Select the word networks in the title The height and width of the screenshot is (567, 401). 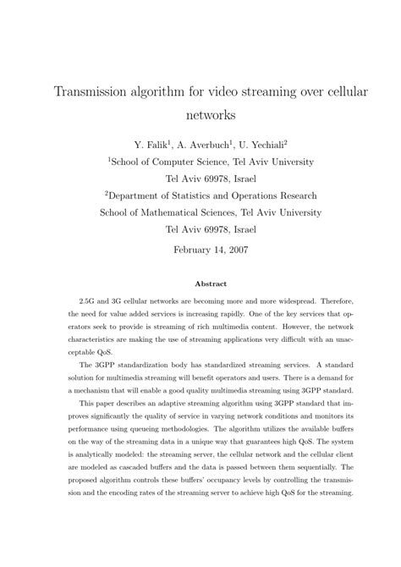[200, 112]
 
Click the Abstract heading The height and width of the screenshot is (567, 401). [200, 284]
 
